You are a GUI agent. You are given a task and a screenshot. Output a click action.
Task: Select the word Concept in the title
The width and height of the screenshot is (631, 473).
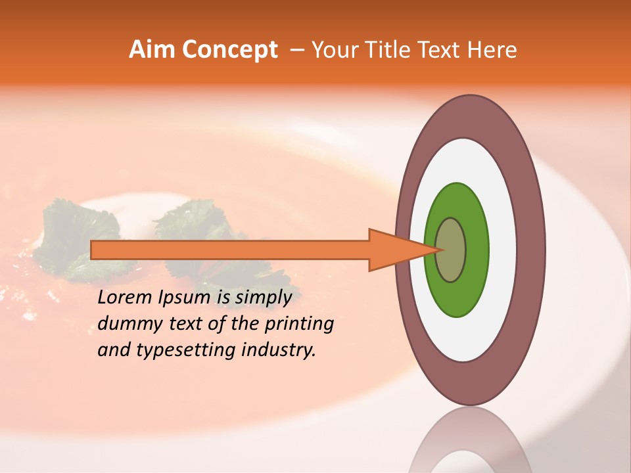(230, 50)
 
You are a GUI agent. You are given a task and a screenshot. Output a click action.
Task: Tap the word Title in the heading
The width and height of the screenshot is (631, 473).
(386, 50)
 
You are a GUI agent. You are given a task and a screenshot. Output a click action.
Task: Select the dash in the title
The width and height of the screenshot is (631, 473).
(296, 50)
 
